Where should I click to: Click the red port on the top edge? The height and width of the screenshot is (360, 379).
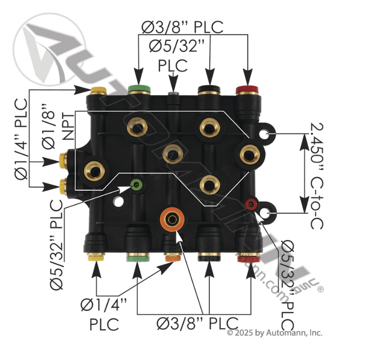248,90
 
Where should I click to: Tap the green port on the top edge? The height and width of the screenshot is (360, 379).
139,90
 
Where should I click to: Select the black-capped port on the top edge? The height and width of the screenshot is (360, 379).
209,90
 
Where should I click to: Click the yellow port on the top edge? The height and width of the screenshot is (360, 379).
98,91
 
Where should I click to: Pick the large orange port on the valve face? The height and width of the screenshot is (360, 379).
173,219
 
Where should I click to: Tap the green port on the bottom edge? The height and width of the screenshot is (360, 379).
136,258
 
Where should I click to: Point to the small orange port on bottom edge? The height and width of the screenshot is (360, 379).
172,258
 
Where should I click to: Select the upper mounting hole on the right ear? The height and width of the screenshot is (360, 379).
269,134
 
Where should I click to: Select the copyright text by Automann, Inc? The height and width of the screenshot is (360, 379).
275,333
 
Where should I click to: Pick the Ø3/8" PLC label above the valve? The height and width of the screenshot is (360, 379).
182,27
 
